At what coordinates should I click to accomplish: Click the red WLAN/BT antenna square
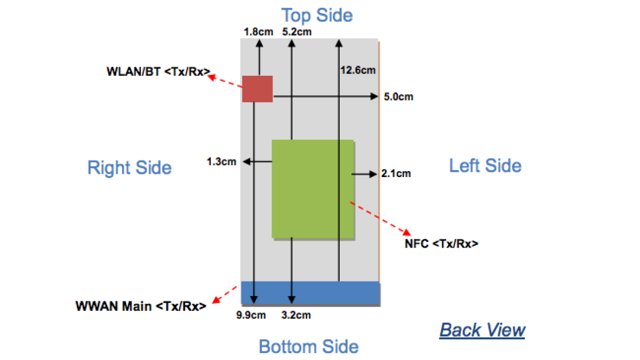pos(257,89)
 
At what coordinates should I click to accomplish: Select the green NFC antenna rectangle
pos(313,189)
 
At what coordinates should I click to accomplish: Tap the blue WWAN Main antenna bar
pos(310,293)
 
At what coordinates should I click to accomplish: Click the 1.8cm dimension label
pos(258,31)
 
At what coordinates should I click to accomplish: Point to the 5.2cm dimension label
pos(297,31)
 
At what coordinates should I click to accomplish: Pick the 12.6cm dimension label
pos(357,70)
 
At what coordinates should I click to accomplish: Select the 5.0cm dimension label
pos(398,97)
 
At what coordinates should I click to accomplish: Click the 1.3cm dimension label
pos(221,162)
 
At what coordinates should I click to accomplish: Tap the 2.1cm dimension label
pos(396,173)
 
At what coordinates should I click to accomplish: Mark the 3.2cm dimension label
pos(296,315)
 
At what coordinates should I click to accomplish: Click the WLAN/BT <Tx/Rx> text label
pos(158,71)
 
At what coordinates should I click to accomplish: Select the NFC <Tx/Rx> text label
pos(442,244)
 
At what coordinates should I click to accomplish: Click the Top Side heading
pos(317,15)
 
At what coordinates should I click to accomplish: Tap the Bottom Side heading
pos(309,347)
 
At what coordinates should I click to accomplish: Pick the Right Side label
pos(130,167)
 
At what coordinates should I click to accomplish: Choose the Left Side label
pos(485,165)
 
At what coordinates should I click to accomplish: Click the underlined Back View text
pos(482,330)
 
